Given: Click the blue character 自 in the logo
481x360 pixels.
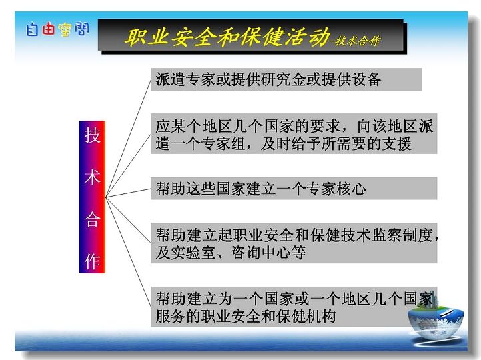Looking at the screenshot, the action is [32, 29].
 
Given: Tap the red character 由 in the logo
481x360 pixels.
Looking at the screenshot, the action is [48, 29].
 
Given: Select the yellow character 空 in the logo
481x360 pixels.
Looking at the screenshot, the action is [65, 30].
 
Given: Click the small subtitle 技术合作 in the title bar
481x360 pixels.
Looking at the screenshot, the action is [358, 41].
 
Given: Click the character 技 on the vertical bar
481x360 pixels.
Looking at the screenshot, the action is [93, 135].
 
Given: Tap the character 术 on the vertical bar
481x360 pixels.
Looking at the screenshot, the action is [93, 177].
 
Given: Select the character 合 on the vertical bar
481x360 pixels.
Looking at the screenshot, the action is [93, 219].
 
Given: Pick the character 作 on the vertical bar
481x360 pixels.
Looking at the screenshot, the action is [93, 261].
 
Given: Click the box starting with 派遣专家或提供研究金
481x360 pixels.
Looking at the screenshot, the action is [286, 79].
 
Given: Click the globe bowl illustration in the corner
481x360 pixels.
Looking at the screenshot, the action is [436, 320].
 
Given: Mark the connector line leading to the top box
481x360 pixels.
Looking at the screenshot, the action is [128, 138].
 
